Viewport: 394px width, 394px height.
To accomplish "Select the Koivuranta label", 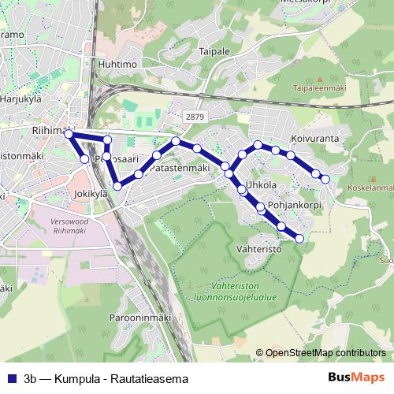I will (x=314, y=137).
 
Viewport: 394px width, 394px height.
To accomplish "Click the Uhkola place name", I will (x=261, y=185).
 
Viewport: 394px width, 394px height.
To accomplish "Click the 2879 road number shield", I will (x=195, y=117).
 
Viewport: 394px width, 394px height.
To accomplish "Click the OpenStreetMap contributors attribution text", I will (x=325, y=353).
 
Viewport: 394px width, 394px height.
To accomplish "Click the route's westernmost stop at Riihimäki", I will (x=69, y=135).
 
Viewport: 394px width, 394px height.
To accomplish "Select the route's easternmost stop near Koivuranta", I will (x=325, y=179).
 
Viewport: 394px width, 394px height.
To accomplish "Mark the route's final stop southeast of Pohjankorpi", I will (x=299, y=237).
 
